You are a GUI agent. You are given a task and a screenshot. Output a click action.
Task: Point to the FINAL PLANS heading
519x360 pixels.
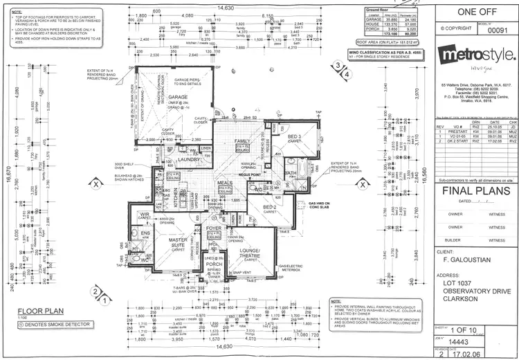click(477, 191)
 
